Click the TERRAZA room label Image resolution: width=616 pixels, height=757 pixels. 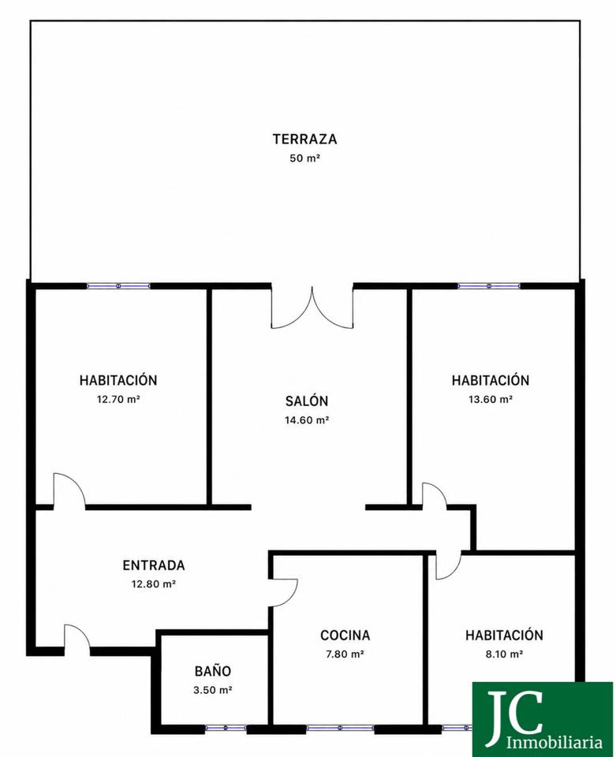click(x=304, y=139)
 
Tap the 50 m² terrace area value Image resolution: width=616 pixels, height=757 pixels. click(x=304, y=158)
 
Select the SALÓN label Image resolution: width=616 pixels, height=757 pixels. click(x=307, y=401)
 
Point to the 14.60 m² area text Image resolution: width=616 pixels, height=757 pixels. click(x=307, y=420)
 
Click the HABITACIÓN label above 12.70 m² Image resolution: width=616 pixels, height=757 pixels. click(x=118, y=380)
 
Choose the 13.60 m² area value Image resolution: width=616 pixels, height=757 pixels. click(x=491, y=399)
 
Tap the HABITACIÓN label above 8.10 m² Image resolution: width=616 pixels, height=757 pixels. click(x=504, y=635)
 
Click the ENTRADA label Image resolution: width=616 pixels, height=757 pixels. click(x=154, y=565)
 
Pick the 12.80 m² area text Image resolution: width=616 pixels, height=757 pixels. click(x=154, y=584)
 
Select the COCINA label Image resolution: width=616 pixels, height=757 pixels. click(x=345, y=635)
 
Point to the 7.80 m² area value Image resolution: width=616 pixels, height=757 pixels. click(x=345, y=654)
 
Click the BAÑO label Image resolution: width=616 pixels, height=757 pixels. click(x=213, y=670)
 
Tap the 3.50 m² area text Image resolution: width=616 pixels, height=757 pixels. click(x=213, y=690)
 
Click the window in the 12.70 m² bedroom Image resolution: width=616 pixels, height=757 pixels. click(x=118, y=285)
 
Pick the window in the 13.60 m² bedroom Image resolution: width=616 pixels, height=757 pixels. click(x=489, y=285)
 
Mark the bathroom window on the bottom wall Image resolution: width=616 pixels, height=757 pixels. click(x=226, y=728)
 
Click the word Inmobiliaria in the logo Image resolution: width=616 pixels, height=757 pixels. click(x=554, y=741)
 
